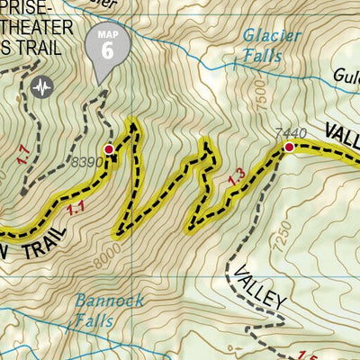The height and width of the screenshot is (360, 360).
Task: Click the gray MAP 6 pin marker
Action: click(107, 49)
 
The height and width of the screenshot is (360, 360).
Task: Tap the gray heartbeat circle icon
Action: click(40, 87)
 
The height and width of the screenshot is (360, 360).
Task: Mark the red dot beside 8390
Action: click(109, 149)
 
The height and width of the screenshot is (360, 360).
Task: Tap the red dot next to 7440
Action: click(289, 147)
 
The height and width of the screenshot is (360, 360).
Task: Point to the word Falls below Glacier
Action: click(262, 56)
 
